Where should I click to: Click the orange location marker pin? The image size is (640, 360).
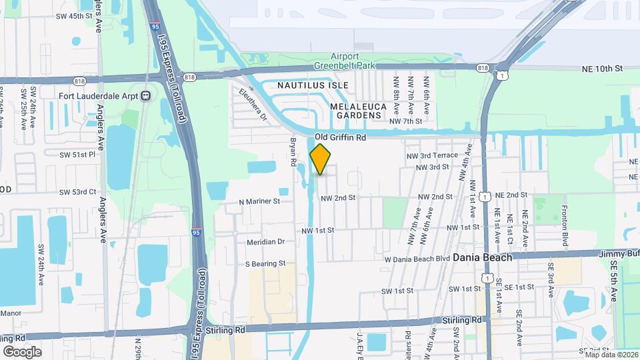pos(321,159)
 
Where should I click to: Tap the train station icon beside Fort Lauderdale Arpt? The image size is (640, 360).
pos(145,95)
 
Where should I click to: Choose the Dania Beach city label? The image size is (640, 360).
pos(483,257)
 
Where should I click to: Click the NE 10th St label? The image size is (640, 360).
pos(602,69)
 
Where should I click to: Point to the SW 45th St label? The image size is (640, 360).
pos(73,16)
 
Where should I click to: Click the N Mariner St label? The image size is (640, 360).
pos(259,201)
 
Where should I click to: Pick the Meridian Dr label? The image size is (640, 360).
pos(265,242)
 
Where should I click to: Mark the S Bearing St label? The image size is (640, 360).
pos(265,264)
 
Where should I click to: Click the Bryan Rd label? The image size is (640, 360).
pos(291,153)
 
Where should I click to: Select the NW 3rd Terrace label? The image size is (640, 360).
pos(433,155)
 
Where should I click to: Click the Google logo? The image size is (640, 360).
pos(22,351)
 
